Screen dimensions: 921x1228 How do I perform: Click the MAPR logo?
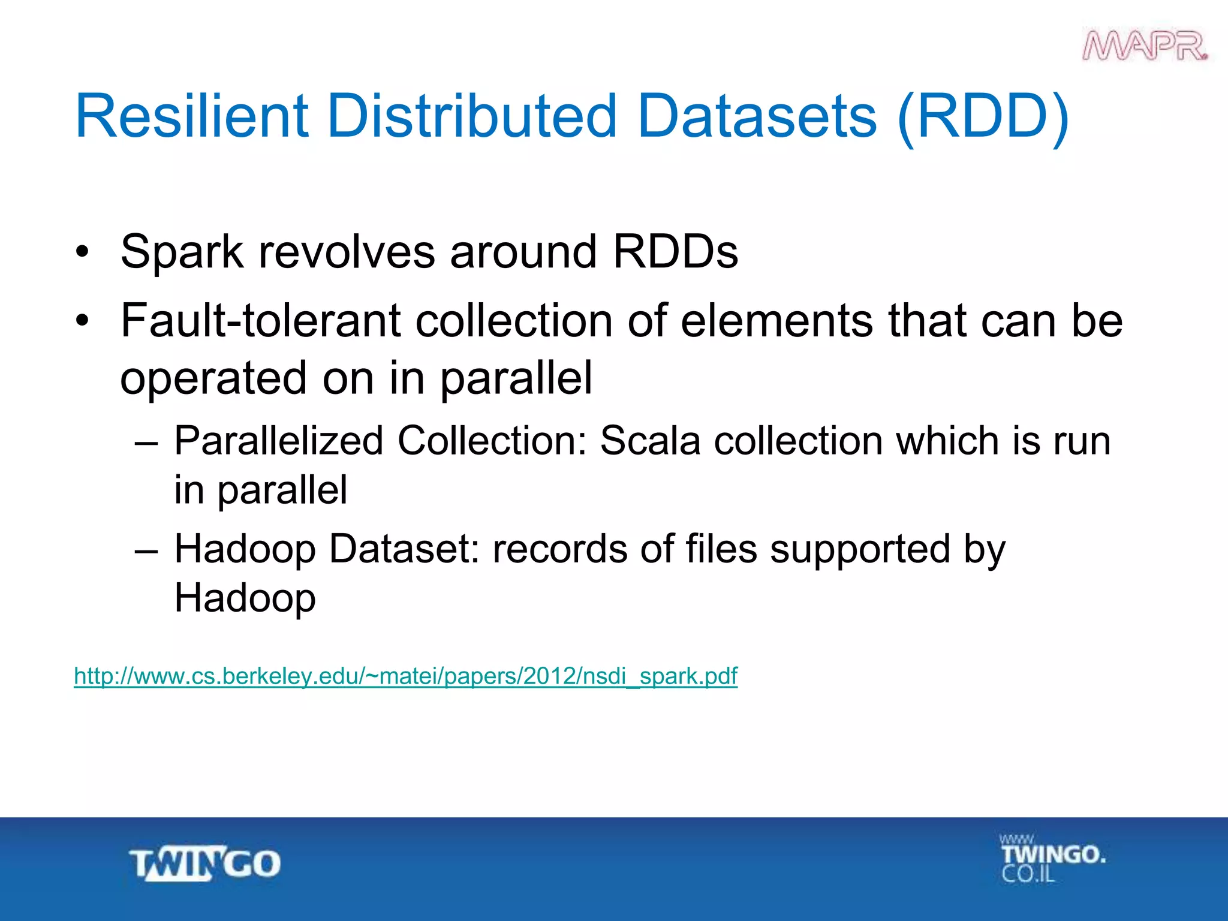click(x=1145, y=46)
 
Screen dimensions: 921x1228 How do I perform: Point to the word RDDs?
click(x=675, y=252)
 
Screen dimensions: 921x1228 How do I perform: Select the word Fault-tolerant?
click(x=260, y=321)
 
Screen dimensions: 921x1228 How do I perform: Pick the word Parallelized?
click(x=278, y=441)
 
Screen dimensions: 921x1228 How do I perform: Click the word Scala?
click(x=650, y=441)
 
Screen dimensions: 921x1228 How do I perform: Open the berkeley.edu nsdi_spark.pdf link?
click(x=405, y=676)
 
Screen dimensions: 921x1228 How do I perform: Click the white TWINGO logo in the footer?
click(x=205, y=864)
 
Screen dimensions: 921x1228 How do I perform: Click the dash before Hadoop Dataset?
click(x=146, y=549)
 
